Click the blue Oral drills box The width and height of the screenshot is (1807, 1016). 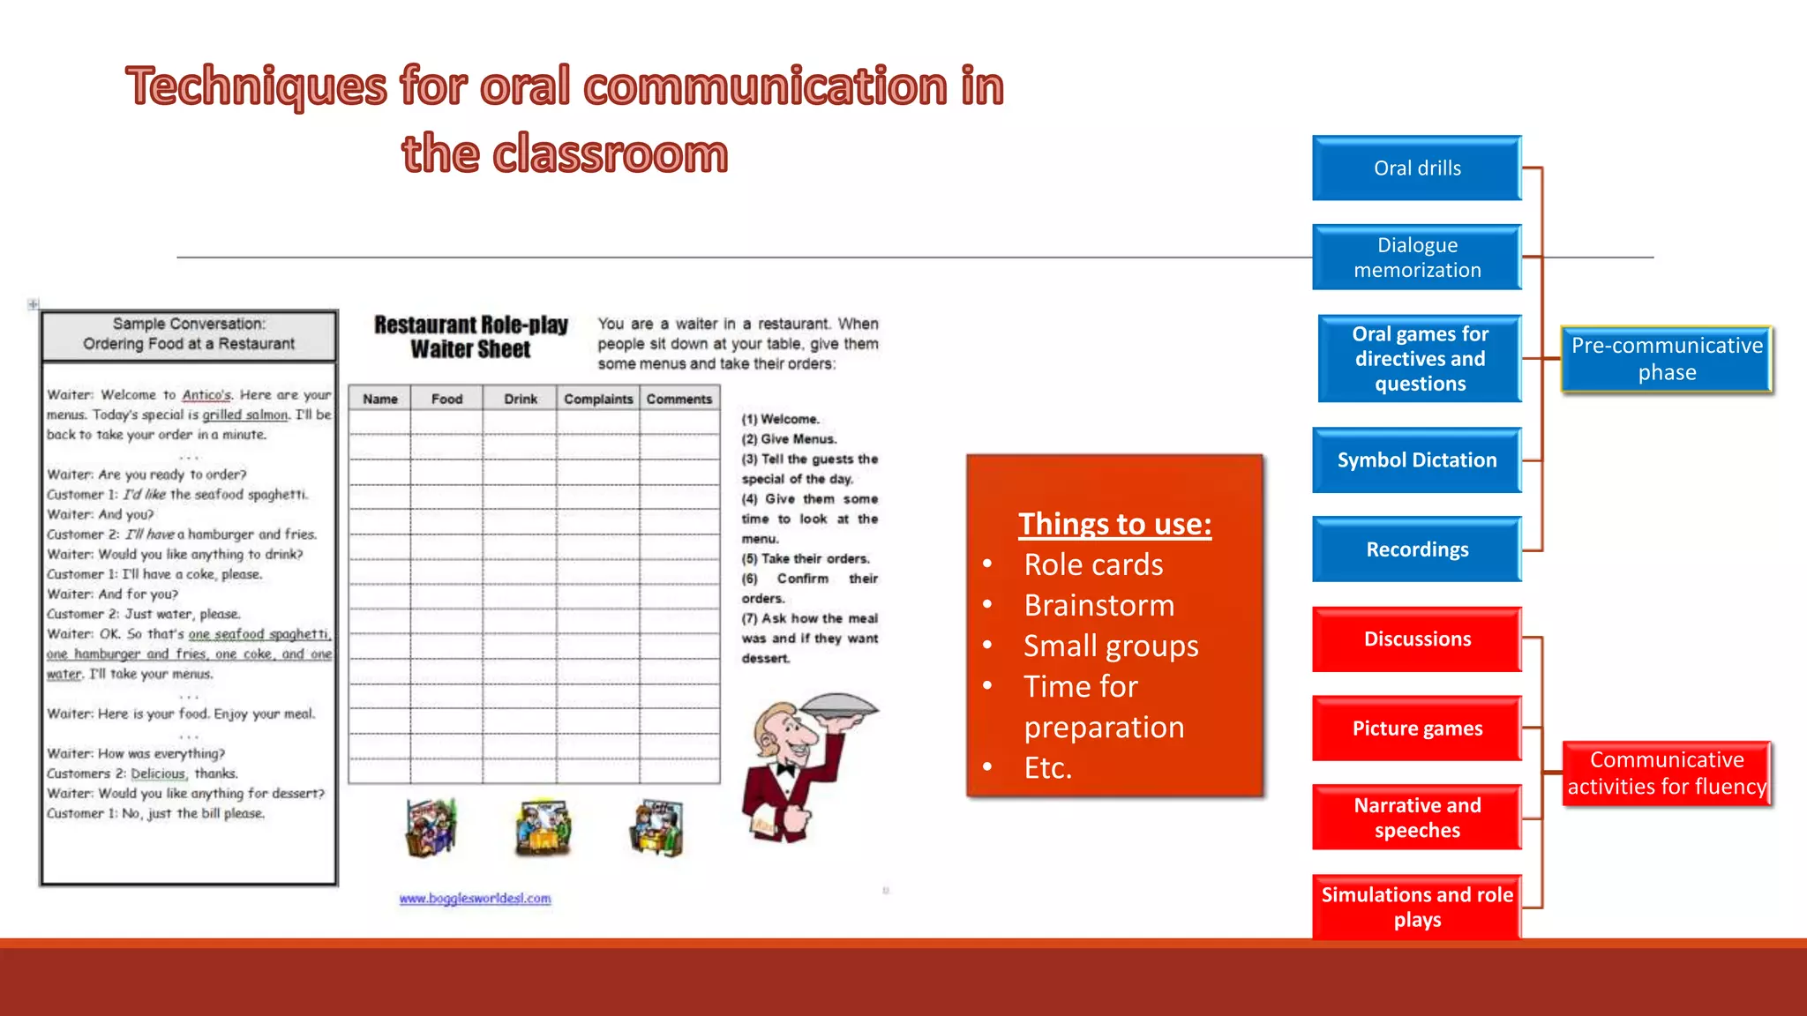(1417, 168)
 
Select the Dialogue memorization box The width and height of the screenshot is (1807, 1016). (1417, 257)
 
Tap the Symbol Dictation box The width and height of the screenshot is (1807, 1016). (1417, 459)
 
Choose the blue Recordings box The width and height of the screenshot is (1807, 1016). (1417, 549)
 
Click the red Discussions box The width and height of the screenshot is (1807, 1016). (1417, 639)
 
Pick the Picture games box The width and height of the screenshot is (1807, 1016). (1417, 728)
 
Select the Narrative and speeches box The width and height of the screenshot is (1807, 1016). (1417, 817)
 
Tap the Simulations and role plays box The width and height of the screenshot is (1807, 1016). (1417, 907)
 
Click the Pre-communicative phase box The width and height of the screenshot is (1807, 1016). (1667, 358)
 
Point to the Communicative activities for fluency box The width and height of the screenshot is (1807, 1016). (1667, 773)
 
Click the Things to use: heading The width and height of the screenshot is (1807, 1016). (1114, 524)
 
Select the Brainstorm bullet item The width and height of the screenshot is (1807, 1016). (1099, 605)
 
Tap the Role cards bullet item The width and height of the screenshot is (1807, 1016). (1093, 564)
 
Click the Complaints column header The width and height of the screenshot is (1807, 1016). (598, 399)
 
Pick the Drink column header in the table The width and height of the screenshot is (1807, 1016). (521, 399)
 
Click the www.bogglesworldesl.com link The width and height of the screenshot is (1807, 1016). (475, 898)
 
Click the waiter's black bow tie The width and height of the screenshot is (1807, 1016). (784, 769)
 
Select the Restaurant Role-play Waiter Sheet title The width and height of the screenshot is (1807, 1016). (471, 337)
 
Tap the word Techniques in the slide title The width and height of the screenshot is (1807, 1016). (257, 86)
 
